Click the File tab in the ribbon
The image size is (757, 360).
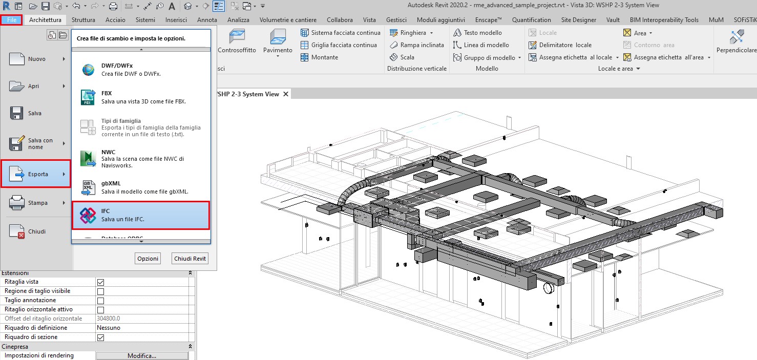(11, 20)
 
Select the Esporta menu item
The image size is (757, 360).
(36, 174)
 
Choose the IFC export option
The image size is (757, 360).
(140, 215)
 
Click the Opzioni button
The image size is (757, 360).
(148, 259)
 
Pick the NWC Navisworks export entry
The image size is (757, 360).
(140, 159)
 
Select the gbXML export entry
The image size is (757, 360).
(140, 187)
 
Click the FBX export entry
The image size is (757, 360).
(140, 97)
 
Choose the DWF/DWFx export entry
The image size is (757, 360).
(140, 70)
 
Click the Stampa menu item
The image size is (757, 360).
(36, 203)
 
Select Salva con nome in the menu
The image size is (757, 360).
(36, 143)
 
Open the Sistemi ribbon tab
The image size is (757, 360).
(145, 20)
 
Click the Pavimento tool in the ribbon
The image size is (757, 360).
(278, 41)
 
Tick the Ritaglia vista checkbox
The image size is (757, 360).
(101, 282)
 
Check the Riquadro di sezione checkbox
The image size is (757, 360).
(101, 337)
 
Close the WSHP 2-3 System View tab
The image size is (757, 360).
(286, 94)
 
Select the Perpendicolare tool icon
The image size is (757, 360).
(737, 41)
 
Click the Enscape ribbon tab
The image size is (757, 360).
(488, 20)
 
